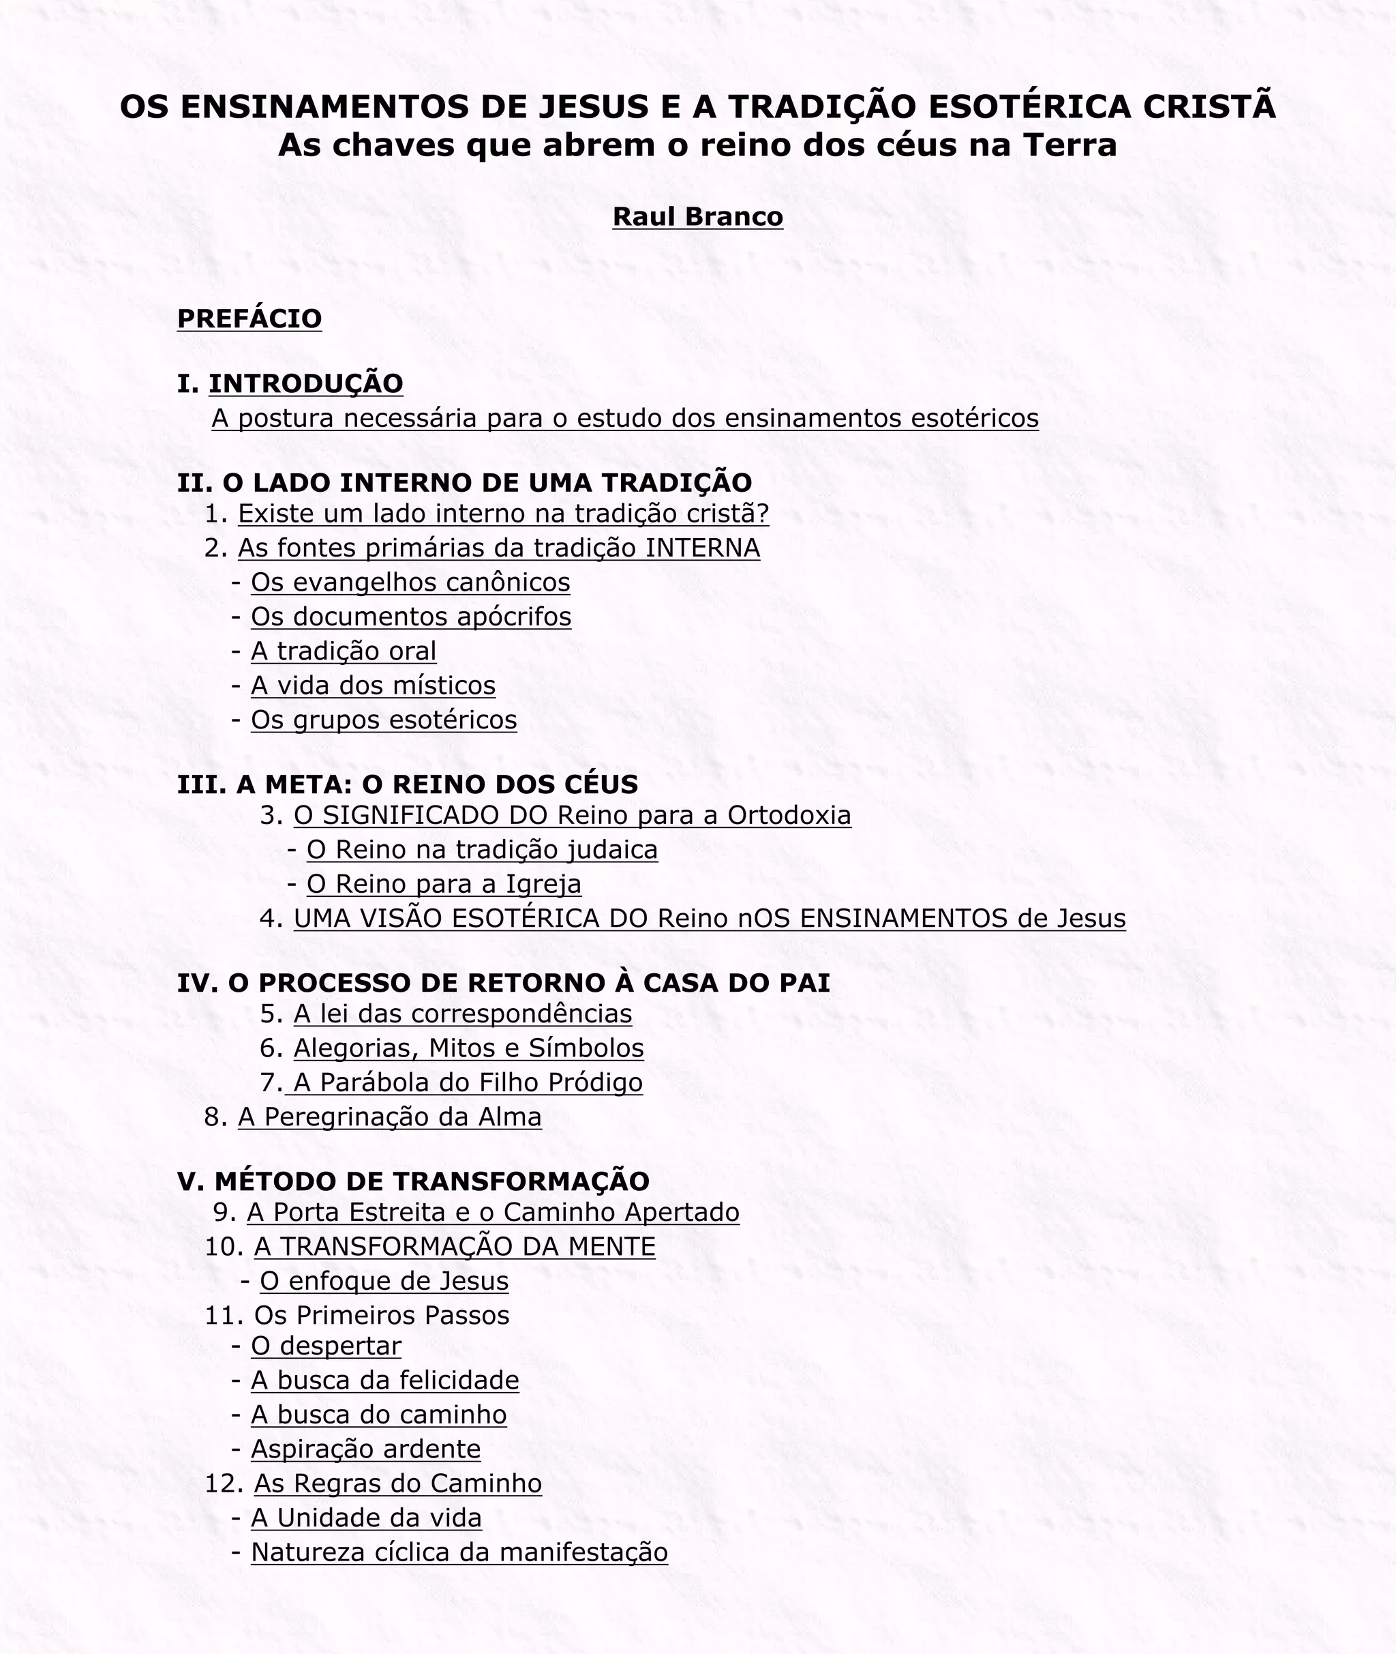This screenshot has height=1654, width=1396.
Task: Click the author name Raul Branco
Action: tap(697, 216)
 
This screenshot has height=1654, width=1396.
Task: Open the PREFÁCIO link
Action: tap(249, 319)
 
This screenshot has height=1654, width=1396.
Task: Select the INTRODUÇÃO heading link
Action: tap(305, 383)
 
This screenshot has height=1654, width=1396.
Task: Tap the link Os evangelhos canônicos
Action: tap(410, 582)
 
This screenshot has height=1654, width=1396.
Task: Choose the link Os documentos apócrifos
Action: tap(411, 616)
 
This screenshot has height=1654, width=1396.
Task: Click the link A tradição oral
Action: tap(344, 651)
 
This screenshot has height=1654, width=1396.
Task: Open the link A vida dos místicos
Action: tap(373, 685)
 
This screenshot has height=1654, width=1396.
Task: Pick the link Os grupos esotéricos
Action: tap(384, 720)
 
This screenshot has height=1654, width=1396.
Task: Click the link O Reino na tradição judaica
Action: tap(482, 850)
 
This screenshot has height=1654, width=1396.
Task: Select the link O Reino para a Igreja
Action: tap(443, 884)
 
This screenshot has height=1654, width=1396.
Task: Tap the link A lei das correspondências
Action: tap(462, 1014)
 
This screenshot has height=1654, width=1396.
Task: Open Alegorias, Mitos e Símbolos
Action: tap(468, 1048)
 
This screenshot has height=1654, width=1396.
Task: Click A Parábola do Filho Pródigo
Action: tap(468, 1082)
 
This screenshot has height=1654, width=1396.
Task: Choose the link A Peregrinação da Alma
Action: tap(389, 1117)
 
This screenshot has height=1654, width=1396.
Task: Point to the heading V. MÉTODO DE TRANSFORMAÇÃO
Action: tap(413, 1181)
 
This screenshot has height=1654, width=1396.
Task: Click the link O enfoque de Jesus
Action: tap(384, 1280)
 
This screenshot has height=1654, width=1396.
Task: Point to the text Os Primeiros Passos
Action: tap(382, 1315)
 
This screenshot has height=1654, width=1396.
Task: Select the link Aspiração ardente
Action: tap(365, 1449)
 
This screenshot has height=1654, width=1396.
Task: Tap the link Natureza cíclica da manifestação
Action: tap(459, 1552)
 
